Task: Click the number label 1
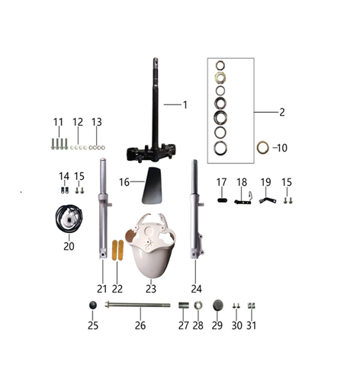184,104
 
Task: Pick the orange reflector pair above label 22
117,252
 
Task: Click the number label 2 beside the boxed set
281,112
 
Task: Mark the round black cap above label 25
93,306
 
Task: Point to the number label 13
96,122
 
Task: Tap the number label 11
58,122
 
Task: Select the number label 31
252,325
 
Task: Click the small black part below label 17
222,201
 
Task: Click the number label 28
198,325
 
